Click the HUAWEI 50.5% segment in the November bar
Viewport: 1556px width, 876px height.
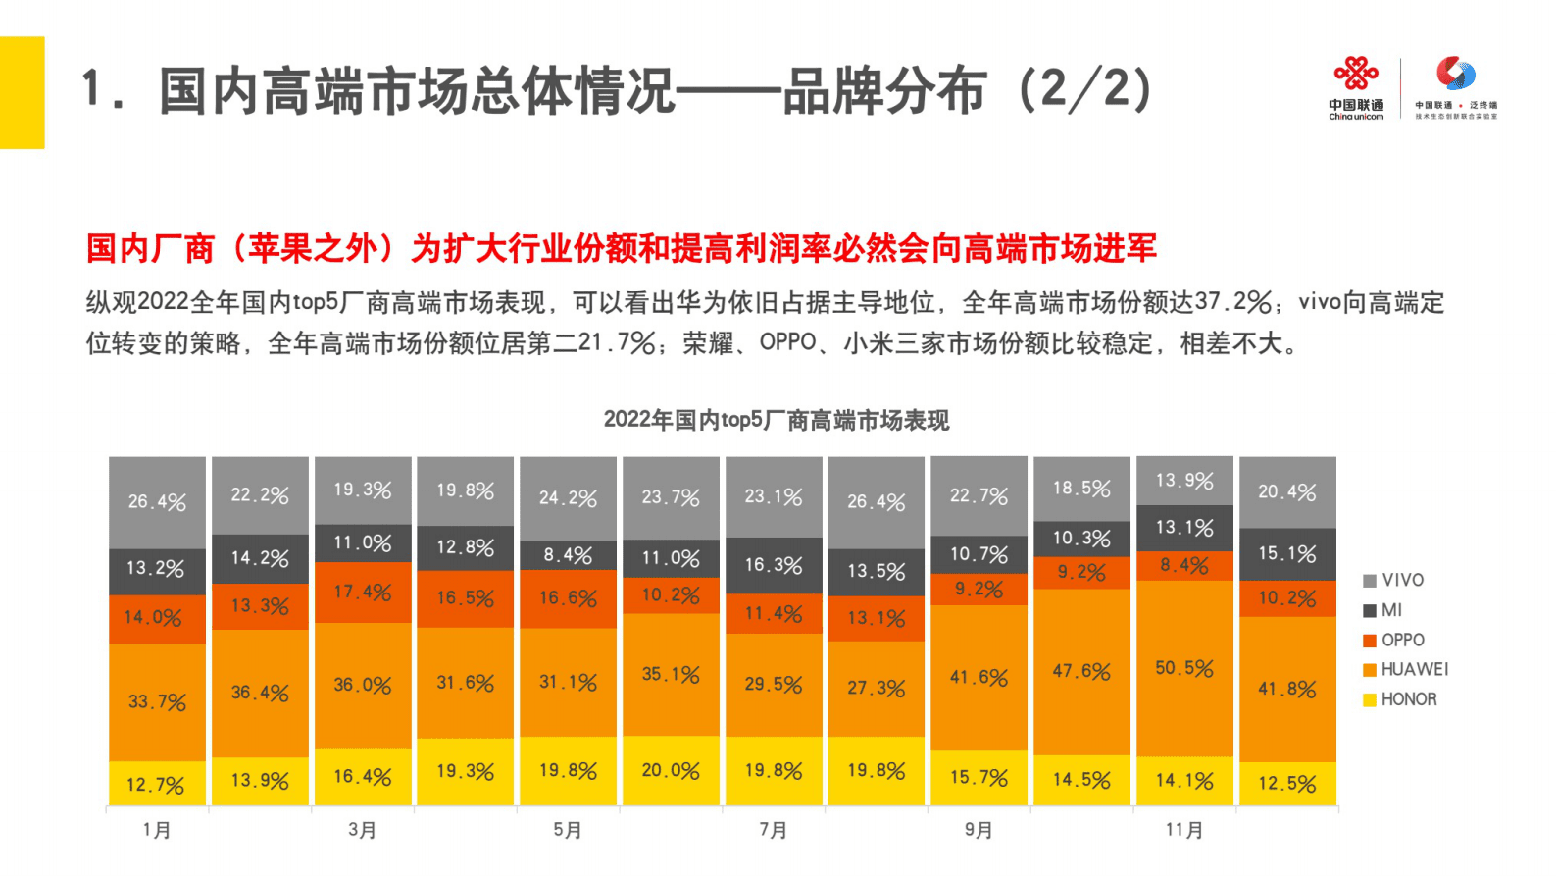click(x=1184, y=668)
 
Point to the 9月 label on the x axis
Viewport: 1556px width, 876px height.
click(x=979, y=830)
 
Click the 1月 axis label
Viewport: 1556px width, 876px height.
click(x=157, y=830)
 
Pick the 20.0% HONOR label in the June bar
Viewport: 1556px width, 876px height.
click(x=671, y=771)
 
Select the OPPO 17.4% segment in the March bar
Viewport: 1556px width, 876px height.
click(x=363, y=593)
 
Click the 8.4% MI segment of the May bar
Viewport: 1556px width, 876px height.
click(x=568, y=555)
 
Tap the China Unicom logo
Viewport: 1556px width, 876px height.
click(x=1356, y=88)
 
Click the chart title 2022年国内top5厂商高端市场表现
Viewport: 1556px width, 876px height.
click(x=776, y=420)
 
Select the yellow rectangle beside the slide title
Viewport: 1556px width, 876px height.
click(x=22, y=92)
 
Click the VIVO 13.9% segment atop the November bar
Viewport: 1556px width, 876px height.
click(x=1184, y=481)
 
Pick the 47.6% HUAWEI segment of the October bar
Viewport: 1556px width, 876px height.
click(x=1081, y=672)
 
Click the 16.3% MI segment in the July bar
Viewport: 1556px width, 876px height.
click(x=774, y=565)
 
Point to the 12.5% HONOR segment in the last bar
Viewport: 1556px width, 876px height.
click(x=1287, y=784)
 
